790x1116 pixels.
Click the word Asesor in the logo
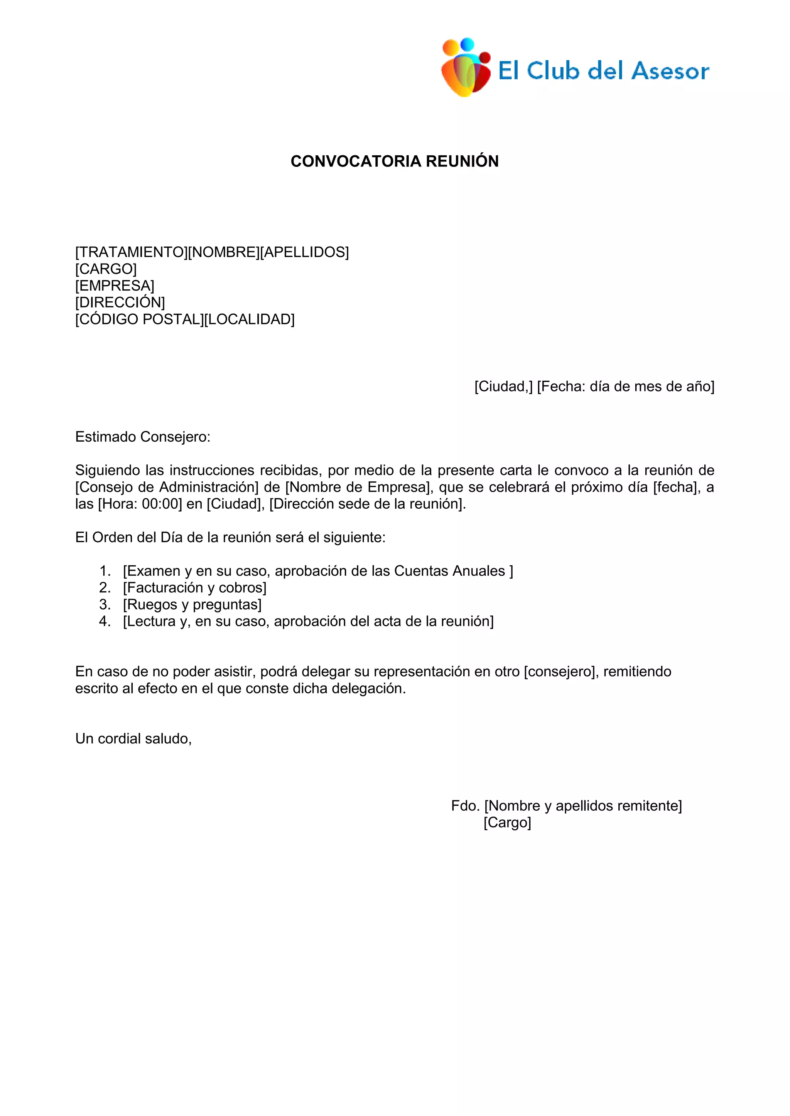(670, 71)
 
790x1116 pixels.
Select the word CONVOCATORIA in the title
(356, 161)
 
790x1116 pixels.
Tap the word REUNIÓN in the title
(462, 161)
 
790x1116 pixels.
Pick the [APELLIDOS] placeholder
(304, 252)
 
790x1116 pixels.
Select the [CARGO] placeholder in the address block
(106, 269)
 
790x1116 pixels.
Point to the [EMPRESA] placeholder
(115, 286)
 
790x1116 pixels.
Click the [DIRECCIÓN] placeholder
(120, 303)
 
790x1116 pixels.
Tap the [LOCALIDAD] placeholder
(249, 319)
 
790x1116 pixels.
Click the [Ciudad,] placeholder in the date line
(503, 387)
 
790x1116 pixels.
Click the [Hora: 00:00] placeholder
(140, 504)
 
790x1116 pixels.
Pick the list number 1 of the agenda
(105, 571)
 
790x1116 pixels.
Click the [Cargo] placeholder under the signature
(507, 822)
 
